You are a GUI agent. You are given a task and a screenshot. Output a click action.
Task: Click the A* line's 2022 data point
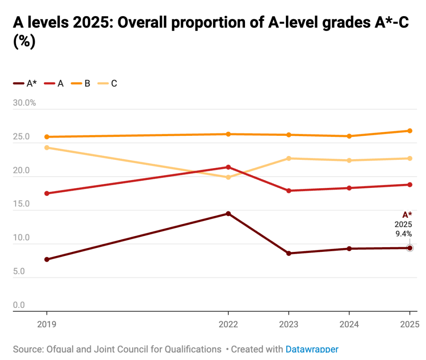click(x=228, y=214)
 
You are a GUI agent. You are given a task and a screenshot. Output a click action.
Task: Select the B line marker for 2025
click(x=410, y=131)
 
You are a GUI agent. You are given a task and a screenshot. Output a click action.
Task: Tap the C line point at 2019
click(x=47, y=148)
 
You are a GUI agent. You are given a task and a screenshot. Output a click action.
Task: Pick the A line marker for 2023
click(x=289, y=191)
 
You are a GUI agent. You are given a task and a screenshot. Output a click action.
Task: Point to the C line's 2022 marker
click(x=228, y=177)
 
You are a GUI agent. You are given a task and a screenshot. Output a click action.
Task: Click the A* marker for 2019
click(x=47, y=259)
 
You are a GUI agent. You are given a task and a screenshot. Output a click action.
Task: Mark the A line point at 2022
click(x=228, y=167)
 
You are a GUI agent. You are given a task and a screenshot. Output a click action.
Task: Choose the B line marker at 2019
click(x=47, y=137)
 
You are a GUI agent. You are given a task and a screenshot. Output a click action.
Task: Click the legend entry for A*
click(x=26, y=84)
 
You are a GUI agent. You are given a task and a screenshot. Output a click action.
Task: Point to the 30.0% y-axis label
click(x=24, y=103)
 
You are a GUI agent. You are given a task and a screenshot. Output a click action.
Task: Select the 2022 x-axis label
click(x=228, y=324)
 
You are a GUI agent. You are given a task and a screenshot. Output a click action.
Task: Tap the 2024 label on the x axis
click(x=349, y=324)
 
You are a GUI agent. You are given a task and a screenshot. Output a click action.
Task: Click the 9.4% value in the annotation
click(x=404, y=234)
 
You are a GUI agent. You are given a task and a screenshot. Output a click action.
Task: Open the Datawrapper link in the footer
click(x=312, y=349)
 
